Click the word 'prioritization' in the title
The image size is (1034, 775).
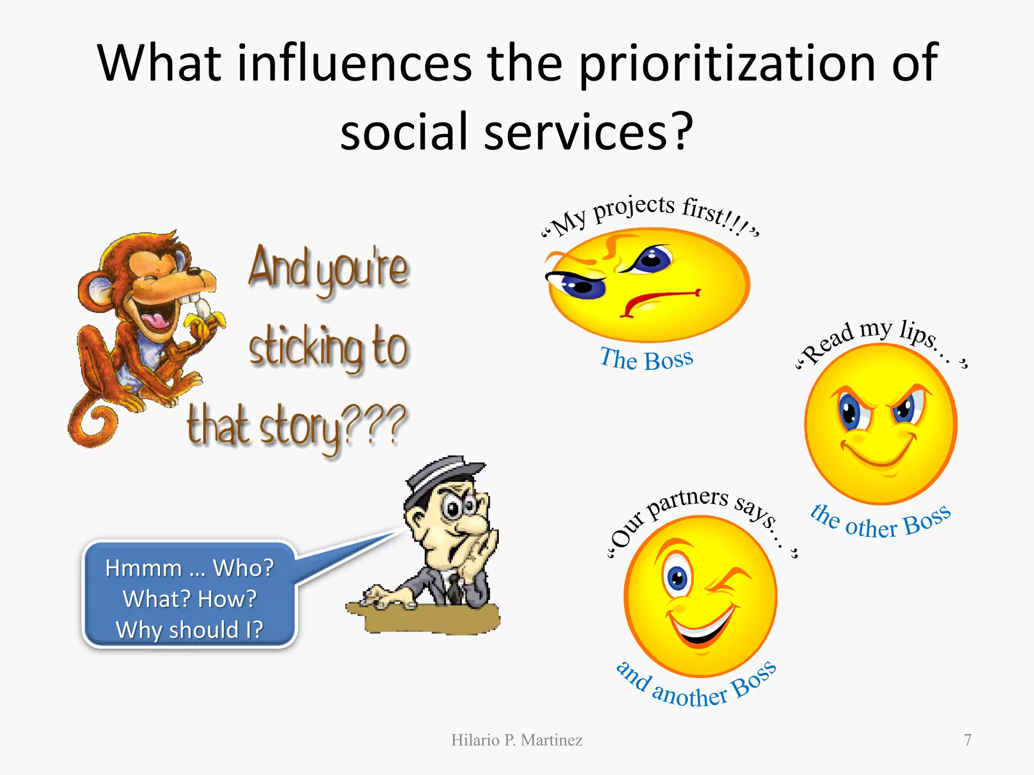727,64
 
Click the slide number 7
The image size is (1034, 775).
967,740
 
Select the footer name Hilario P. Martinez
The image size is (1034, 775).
516,740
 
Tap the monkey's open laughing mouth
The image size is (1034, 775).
154,315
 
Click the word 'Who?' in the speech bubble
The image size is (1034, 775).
243,568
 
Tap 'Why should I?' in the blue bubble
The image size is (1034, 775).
189,630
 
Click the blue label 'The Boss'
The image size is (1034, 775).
646,359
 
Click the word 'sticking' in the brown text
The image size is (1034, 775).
306,348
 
